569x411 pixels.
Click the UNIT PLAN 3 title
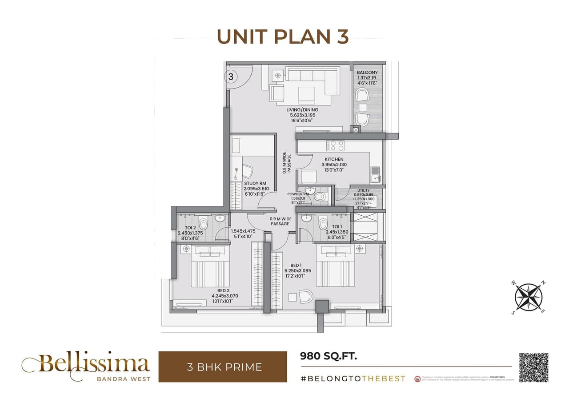[x=283, y=37]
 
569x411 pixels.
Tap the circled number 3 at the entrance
[x=231, y=77]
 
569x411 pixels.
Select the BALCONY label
[x=367, y=73]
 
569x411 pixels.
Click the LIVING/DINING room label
[x=303, y=110]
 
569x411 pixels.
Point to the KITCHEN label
[x=334, y=159]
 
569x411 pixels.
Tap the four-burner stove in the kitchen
[x=335, y=145]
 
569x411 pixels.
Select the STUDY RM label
[x=255, y=183]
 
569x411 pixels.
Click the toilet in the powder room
[x=319, y=196]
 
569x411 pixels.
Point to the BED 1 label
[x=296, y=266]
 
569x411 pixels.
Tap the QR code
[x=533, y=367]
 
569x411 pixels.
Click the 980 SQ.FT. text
[x=329, y=356]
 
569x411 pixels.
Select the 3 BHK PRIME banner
[x=223, y=367]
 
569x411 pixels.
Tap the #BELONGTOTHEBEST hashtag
[x=353, y=379]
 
